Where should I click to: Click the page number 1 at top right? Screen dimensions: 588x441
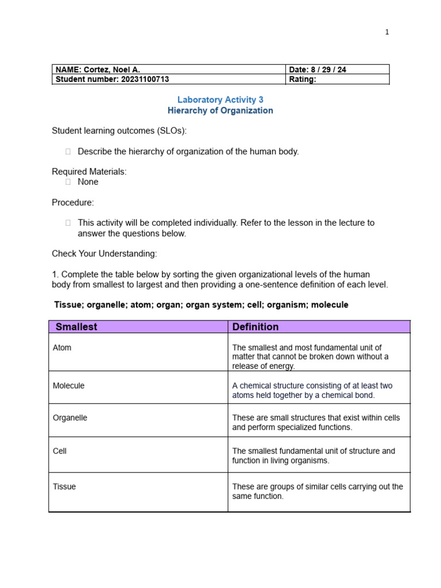[x=387, y=32]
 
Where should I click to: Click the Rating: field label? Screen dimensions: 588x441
[x=303, y=80]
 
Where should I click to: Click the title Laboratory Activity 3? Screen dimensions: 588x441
[x=220, y=100]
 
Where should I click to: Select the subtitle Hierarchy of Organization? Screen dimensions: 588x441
[x=220, y=111]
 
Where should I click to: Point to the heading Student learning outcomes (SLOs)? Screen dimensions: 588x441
[x=119, y=131]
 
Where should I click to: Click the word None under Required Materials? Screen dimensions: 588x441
[x=88, y=182]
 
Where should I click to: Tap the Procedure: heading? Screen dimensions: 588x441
[x=73, y=203]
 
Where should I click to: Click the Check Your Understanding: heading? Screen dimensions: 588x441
[x=104, y=254]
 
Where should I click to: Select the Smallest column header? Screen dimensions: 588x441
[x=76, y=327]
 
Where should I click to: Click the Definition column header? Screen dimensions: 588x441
[x=256, y=327]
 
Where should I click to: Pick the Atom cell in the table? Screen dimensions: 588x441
[x=62, y=348]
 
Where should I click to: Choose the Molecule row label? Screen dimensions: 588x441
[x=68, y=386]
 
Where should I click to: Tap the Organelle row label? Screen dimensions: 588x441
[x=70, y=418]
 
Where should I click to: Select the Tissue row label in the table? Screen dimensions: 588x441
[x=64, y=487]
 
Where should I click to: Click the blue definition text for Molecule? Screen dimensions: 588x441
[x=312, y=390]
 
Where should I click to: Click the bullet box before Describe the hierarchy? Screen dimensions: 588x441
[x=68, y=152]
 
